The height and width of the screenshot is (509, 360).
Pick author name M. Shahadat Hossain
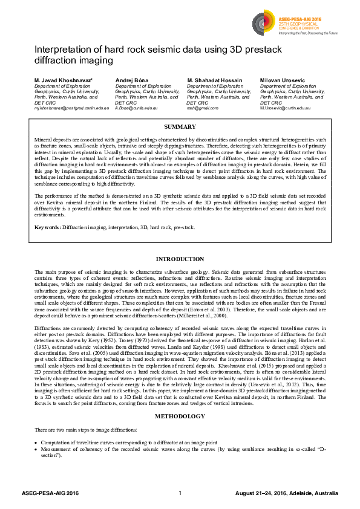(215, 80)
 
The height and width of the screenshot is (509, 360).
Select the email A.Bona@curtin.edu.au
(136, 108)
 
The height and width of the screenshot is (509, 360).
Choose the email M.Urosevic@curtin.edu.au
(286, 108)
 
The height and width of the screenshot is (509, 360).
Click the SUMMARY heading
(180, 127)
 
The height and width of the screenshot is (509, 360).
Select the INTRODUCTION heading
(180, 259)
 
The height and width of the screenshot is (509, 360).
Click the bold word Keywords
(48, 227)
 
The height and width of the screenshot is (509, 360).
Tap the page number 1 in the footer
(180, 494)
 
